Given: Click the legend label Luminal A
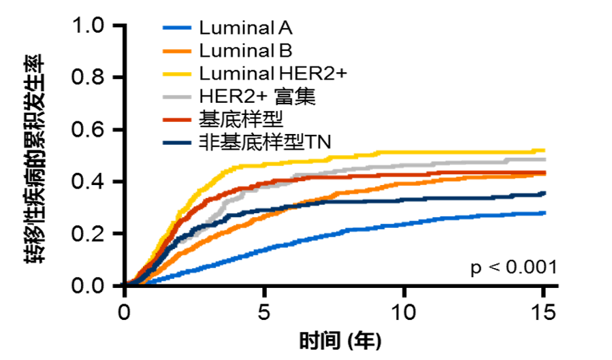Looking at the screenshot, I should tap(246, 29).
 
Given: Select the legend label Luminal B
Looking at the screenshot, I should tap(246, 50).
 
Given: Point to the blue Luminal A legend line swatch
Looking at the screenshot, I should tap(178, 29).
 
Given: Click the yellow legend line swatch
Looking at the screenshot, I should tap(178, 73).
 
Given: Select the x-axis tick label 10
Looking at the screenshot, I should tap(404, 314).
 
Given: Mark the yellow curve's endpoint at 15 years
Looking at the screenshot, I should tap(544, 150).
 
